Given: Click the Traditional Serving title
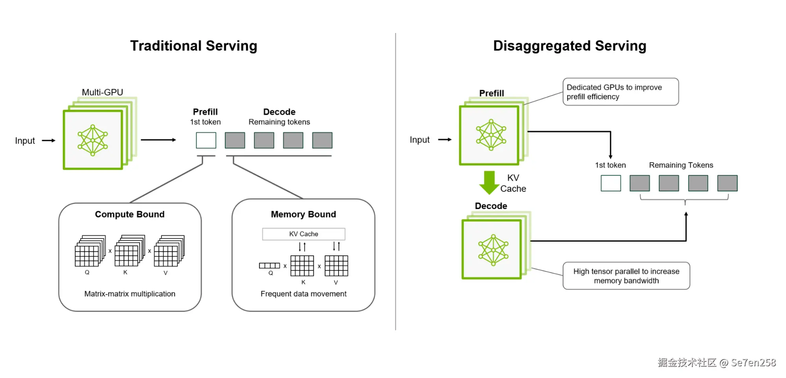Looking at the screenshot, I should click(193, 46).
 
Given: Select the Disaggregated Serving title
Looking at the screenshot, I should click(569, 46).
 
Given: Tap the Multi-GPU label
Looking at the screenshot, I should click(102, 92).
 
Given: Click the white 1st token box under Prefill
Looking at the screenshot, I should click(206, 140).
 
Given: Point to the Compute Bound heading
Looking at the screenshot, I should click(130, 215).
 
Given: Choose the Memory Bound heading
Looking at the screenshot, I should click(303, 215).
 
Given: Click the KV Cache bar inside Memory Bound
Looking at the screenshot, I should click(304, 234).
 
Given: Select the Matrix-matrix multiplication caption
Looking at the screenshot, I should click(130, 294).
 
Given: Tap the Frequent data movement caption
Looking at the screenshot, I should click(303, 294).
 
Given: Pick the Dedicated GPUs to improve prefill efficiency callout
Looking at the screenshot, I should click(620, 92).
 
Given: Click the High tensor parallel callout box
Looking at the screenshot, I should click(626, 276).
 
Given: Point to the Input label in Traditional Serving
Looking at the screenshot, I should click(25, 141).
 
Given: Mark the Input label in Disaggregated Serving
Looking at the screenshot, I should click(420, 140).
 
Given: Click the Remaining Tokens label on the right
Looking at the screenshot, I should click(681, 165).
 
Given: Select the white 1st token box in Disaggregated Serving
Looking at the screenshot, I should click(611, 183).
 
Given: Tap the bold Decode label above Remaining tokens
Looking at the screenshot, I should click(279, 112).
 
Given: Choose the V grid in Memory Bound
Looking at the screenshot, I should click(336, 266).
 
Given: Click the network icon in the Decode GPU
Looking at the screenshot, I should click(493, 250).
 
